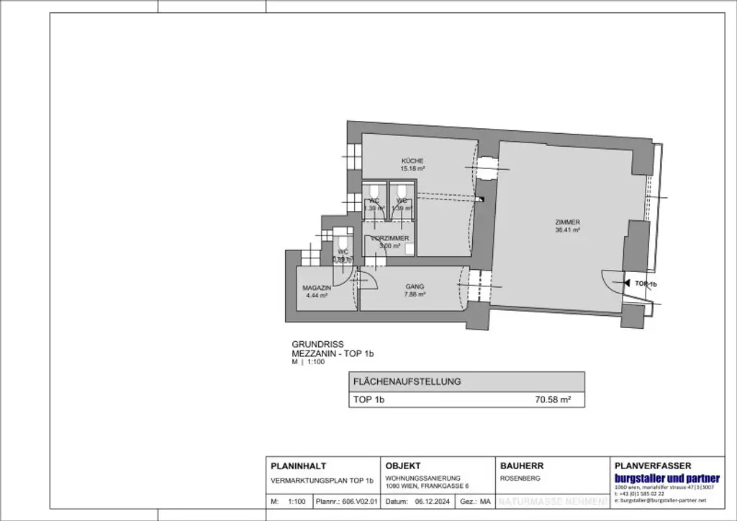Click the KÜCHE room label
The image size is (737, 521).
(412, 160)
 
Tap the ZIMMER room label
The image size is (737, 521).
(568, 222)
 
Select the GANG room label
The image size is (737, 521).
(414, 286)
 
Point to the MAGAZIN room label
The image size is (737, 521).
(316, 287)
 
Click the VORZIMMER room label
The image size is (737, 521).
(389, 238)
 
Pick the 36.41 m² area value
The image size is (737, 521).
(568, 230)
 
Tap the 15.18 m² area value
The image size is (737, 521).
(412, 168)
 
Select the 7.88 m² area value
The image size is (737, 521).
(414, 294)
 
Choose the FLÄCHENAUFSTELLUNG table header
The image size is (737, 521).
(406, 381)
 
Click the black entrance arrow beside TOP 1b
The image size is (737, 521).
(627, 284)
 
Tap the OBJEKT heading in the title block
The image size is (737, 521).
(403, 466)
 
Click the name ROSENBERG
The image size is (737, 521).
(520, 478)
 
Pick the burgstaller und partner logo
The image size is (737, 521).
(666, 479)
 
